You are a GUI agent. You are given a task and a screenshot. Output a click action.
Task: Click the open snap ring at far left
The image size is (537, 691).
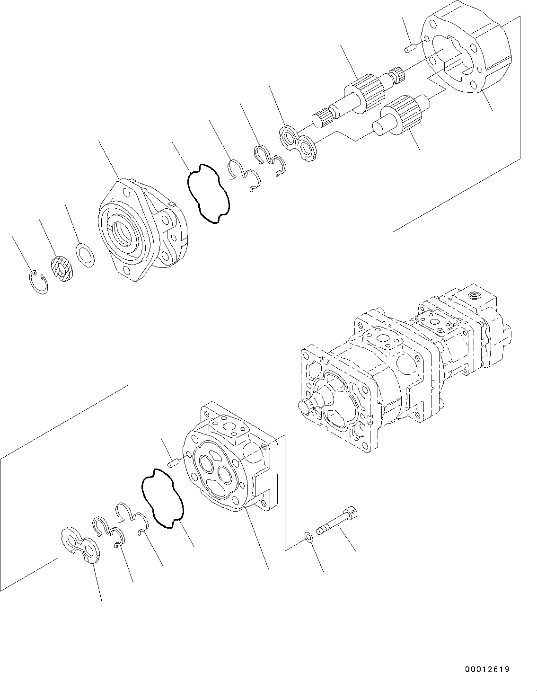pyautogui.click(x=37, y=283)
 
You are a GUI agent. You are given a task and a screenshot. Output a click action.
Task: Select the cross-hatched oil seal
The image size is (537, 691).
pyautogui.click(x=62, y=268)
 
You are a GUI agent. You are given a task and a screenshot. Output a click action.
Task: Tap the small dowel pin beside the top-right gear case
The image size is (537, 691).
pyautogui.click(x=410, y=47)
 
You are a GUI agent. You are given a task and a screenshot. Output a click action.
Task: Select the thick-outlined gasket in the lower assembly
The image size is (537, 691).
pyautogui.click(x=162, y=497)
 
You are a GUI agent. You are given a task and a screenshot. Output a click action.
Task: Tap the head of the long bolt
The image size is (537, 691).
pyautogui.click(x=352, y=512)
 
